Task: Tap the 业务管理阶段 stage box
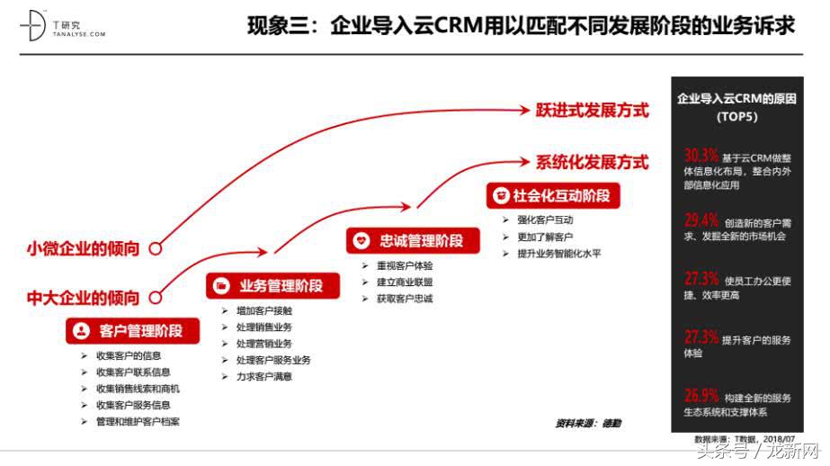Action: (x=266, y=286)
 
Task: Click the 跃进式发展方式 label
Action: (x=592, y=111)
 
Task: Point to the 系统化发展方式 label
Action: (x=592, y=163)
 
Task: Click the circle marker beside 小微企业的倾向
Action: (x=156, y=249)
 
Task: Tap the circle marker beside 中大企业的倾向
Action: (x=156, y=298)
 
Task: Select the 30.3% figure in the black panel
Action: (x=701, y=154)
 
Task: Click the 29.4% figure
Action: (x=701, y=220)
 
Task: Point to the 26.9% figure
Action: (x=701, y=396)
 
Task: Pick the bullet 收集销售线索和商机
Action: (x=138, y=389)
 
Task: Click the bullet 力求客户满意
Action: (x=263, y=377)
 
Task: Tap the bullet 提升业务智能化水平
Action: (x=558, y=254)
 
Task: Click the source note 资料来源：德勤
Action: (x=587, y=423)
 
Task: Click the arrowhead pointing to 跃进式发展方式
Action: (x=524, y=112)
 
